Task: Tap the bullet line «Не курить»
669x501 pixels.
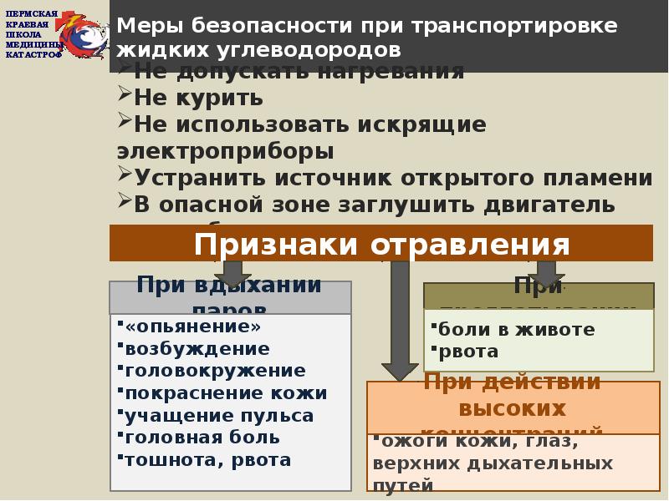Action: click(x=198, y=98)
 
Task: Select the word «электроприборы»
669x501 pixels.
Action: click(x=225, y=151)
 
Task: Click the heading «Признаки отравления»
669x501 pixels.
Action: click(x=381, y=245)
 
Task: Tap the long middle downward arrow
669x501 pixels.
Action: click(x=400, y=317)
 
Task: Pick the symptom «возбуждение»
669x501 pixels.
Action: click(x=197, y=348)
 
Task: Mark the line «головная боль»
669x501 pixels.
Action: click(x=202, y=438)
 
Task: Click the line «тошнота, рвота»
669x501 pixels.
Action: click(x=207, y=460)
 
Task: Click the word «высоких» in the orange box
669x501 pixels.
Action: click(x=512, y=409)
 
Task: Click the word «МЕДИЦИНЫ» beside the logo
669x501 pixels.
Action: click(x=33, y=44)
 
